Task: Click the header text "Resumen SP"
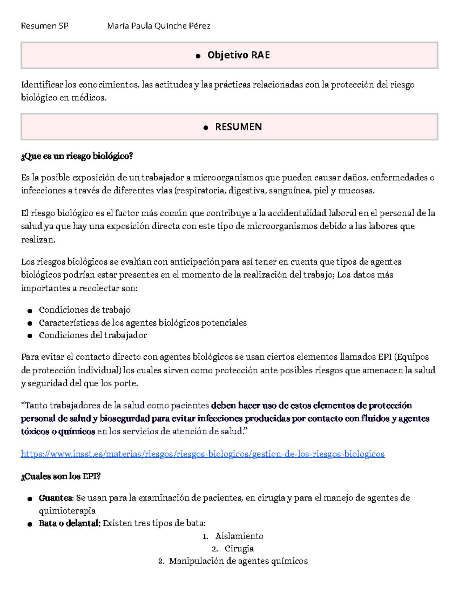pyautogui.click(x=45, y=26)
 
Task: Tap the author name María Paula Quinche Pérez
pyautogui.click(x=159, y=26)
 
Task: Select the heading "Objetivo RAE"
pyautogui.click(x=238, y=55)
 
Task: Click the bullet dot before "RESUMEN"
pyautogui.click(x=206, y=128)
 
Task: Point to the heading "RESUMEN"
pyautogui.click(x=238, y=127)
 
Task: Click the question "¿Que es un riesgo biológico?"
pyautogui.click(x=77, y=156)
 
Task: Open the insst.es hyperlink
pyautogui.click(x=203, y=454)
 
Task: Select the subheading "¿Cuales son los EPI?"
pyautogui.click(x=61, y=476)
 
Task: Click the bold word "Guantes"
pyautogui.click(x=55, y=498)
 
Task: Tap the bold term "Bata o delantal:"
pyautogui.click(x=70, y=523)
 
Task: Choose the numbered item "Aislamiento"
pyautogui.click(x=239, y=536)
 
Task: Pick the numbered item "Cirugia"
pyautogui.click(x=239, y=549)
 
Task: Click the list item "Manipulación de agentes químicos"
pyautogui.click(x=238, y=561)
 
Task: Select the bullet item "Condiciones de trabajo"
pyautogui.click(x=85, y=310)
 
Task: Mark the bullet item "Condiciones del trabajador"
pyautogui.click(x=93, y=336)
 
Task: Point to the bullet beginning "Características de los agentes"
pyautogui.click(x=143, y=323)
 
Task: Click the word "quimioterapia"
pyautogui.click(x=67, y=511)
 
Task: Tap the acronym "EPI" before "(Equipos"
pyautogui.click(x=384, y=357)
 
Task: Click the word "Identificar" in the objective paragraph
pyautogui.click(x=42, y=85)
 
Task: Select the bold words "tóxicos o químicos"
pyautogui.click(x=58, y=432)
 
